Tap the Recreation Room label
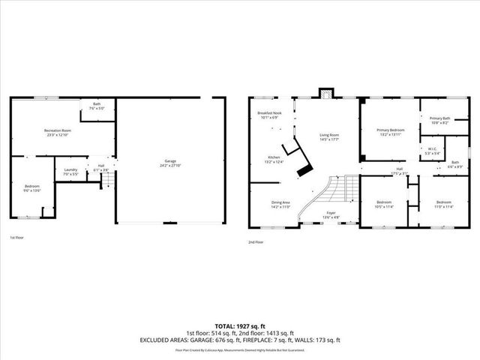(56, 133)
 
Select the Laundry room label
(70, 172)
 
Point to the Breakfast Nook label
(269, 115)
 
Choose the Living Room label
(329, 137)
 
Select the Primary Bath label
(439, 119)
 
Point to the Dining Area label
(281, 204)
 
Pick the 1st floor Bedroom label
(31, 187)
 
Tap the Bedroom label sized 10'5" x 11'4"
(384, 204)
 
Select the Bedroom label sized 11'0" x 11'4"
(444, 203)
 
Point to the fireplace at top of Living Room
(324, 95)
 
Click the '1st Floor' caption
(16, 238)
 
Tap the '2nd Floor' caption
(256, 242)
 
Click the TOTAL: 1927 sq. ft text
(239, 326)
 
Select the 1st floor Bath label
(97, 106)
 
